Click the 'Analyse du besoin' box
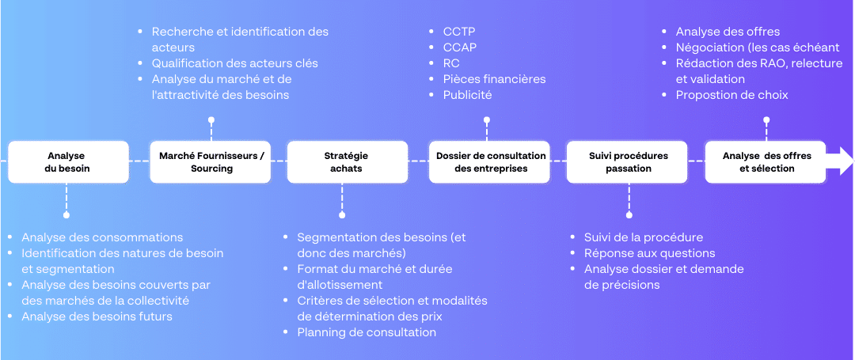click(x=69, y=161)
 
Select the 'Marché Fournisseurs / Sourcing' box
click(x=211, y=161)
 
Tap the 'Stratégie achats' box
click(x=348, y=161)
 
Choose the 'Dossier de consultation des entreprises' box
click(x=490, y=161)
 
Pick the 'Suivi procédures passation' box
click(x=627, y=161)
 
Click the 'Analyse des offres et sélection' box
click(x=766, y=161)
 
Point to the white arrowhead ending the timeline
click(x=840, y=161)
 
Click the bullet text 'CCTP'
click(x=460, y=32)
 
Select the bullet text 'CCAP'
click(x=460, y=47)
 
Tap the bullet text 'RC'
click(x=451, y=63)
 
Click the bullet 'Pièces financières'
click(x=495, y=79)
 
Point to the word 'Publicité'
click(x=468, y=95)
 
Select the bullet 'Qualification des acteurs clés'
click(x=235, y=63)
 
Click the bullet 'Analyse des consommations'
click(x=102, y=237)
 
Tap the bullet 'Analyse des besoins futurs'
click(x=97, y=316)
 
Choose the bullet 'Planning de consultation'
click(x=367, y=332)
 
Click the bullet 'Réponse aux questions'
click(x=649, y=253)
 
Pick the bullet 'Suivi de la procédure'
click(x=644, y=237)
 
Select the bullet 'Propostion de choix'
click(x=731, y=95)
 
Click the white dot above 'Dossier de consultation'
click(x=487, y=119)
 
